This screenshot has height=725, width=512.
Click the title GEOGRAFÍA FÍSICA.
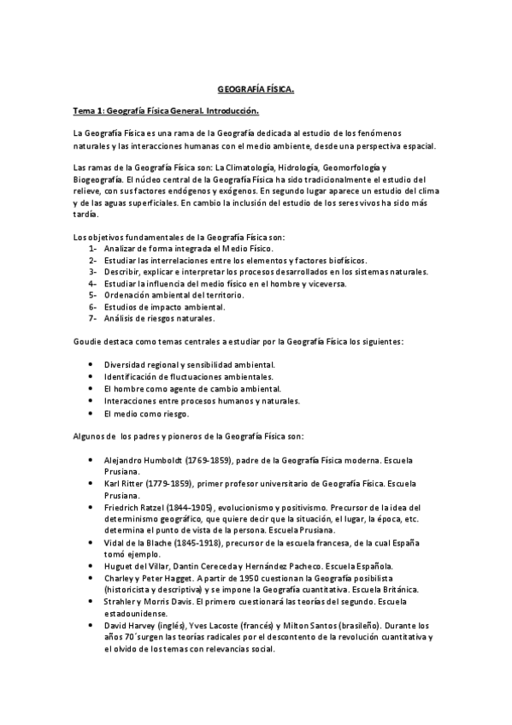(256, 88)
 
